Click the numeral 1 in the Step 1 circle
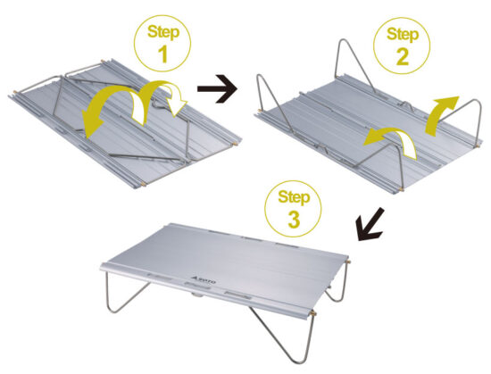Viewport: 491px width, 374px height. [163, 54]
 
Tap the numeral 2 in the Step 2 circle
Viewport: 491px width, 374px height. [403, 56]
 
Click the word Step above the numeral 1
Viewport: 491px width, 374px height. [163, 31]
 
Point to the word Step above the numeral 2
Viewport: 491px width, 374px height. [403, 34]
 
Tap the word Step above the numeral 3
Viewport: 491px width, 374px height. [294, 197]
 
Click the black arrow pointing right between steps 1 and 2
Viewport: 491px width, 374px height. [217, 88]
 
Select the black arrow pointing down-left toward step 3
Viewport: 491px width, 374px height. [370, 225]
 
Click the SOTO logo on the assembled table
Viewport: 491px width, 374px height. [203, 279]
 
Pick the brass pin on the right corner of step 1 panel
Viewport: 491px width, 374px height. [235, 145]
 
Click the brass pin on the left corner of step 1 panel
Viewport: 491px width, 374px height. [14, 91]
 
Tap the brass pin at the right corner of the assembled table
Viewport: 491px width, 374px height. [349, 261]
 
